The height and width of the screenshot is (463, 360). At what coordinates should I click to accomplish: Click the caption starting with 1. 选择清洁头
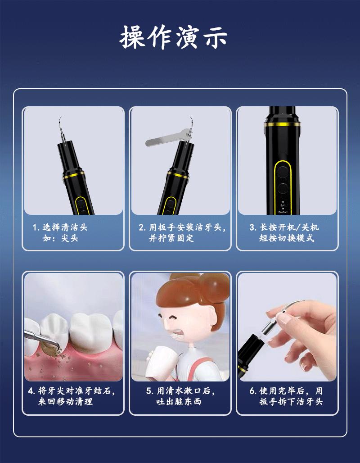[x=60, y=233]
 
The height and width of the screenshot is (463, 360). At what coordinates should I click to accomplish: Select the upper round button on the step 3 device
[x=283, y=172]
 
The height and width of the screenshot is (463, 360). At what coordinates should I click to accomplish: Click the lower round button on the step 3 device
[x=283, y=188]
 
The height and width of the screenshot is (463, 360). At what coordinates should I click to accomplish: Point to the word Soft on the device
[x=283, y=205]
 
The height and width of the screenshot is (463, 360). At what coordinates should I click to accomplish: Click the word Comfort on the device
[x=283, y=212]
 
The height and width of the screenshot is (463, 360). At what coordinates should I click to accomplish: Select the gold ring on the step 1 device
[x=73, y=175]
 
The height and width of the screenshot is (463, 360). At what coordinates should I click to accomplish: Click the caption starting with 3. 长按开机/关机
[x=284, y=232]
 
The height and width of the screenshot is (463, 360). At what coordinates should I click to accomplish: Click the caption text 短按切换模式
[x=286, y=238]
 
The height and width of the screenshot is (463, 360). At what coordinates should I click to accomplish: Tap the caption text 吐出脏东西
[x=179, y=402]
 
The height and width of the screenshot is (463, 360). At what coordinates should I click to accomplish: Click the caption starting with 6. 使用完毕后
[x=286, y=396]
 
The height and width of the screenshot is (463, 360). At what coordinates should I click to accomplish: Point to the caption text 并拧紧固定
[x=171, y=238]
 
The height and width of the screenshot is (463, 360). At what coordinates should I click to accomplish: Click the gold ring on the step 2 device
[x=178, y=175]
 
